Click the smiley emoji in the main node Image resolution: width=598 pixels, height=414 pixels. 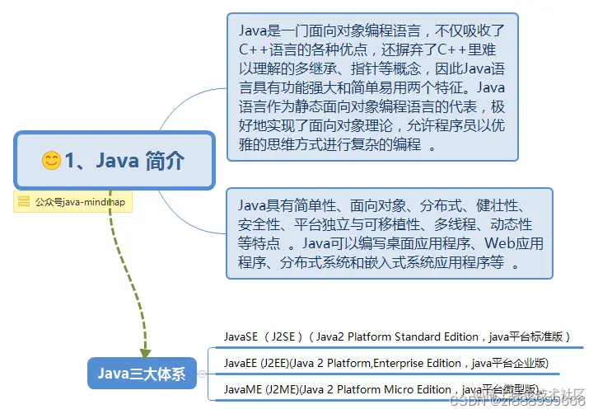click(x=51, y=160)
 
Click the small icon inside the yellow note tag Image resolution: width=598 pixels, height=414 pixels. click(x=24, y=201)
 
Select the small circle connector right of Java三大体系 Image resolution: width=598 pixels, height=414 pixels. click(x=202, y=374)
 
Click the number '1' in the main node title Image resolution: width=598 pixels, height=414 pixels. click(x=72, y=160)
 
